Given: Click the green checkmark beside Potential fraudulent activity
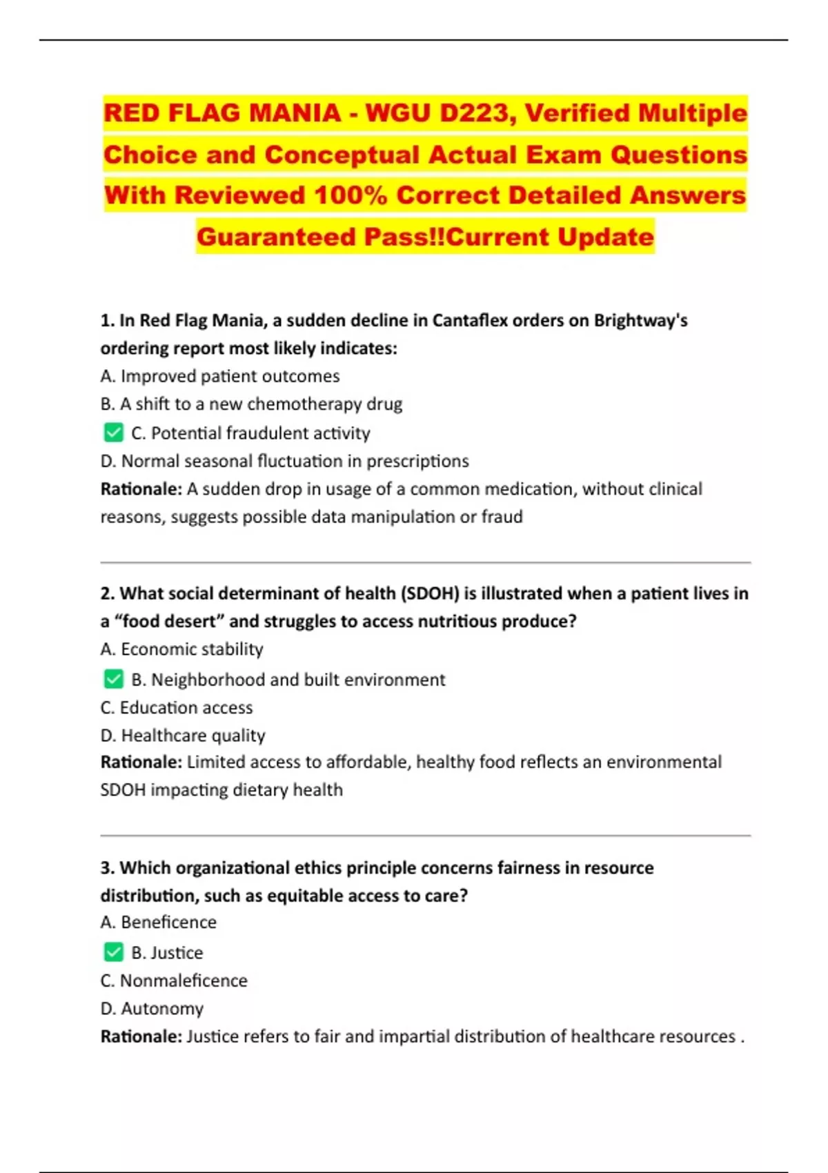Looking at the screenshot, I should (x=113, y=433).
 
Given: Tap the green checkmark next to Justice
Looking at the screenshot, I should (x=113, y=952).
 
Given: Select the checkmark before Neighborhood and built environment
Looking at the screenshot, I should (x=113, y=679).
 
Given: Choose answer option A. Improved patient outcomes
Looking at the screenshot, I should (x=220, y=376).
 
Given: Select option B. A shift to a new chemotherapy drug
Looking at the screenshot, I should (x=251, y=404).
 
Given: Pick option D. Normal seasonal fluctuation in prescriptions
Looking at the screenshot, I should (x=284, y=461).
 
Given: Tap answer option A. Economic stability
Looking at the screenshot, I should (x=181, y=649).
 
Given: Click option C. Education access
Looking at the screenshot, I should (x=177, y=707).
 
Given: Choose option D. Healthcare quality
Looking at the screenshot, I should (x=183, y=736).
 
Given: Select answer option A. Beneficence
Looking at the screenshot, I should (x=158, y=923).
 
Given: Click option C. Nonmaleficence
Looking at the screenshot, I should (x=174, y=980).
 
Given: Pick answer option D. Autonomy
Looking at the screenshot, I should (x=152, y=1009).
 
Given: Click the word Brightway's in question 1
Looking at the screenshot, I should (x=640, y=321).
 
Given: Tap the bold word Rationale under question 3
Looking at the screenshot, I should (x=141, y=1036).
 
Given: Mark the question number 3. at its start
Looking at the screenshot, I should (x=107, y=868).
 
